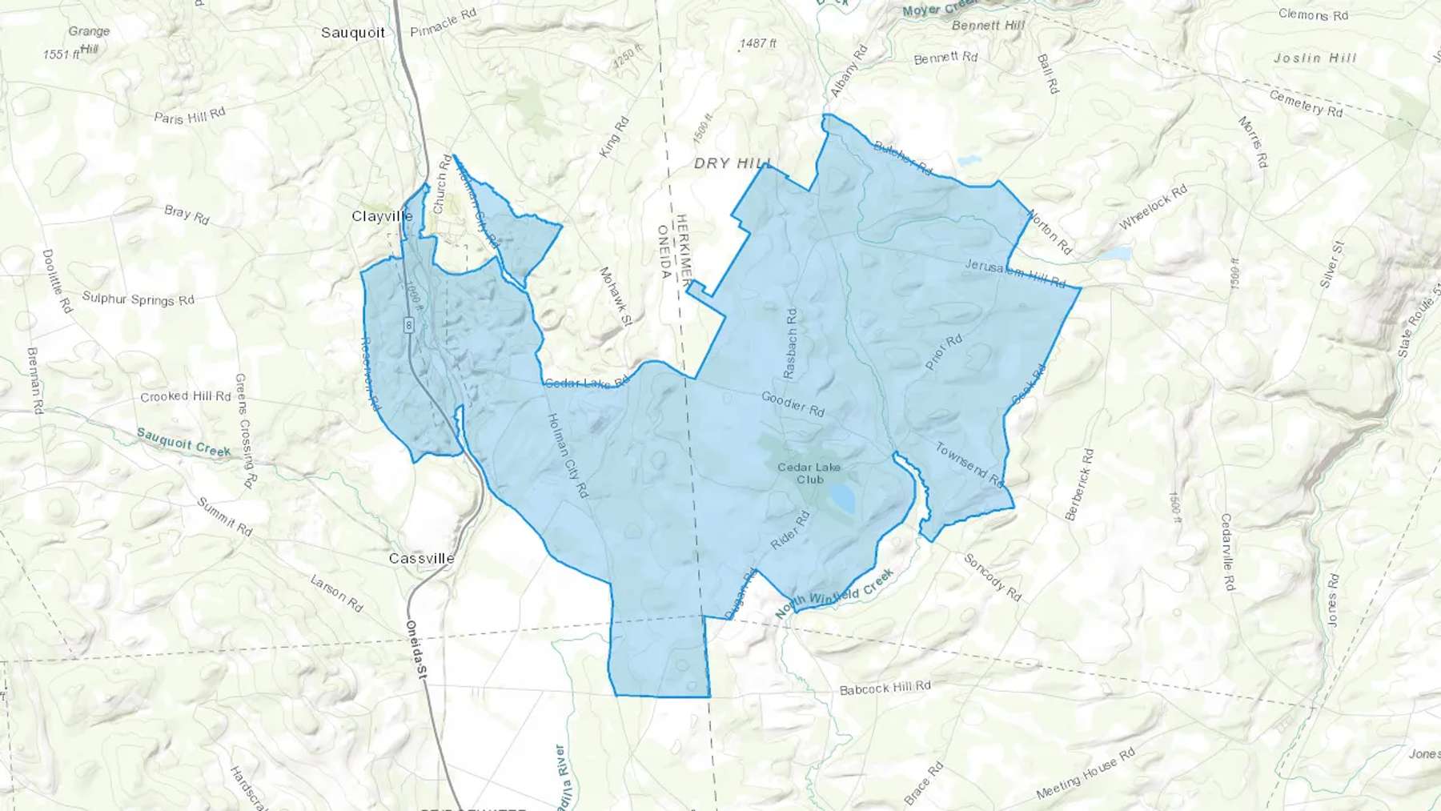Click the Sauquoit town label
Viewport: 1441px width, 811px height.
(x=353, y=33)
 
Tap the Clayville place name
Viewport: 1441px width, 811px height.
(x=382, y=216)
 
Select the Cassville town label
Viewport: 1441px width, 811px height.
(x=421, y=558)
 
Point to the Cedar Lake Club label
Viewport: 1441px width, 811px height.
(x=809, y=473)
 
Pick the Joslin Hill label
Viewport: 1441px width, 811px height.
(x=1315, y=58)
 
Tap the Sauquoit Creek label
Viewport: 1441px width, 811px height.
(x=183, y=442)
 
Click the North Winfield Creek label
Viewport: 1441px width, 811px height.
(x=834, y=593)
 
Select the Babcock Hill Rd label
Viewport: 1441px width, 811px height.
(x=885, y=688)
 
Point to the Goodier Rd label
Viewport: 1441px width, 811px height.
(x=793, y=403)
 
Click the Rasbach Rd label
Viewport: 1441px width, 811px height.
(x=790, y=343)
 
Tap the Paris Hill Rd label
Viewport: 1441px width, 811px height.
(x=190, y=116)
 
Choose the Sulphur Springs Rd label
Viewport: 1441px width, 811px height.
(x=138, y=299)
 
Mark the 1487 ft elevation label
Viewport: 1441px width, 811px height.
(x=757, y=43)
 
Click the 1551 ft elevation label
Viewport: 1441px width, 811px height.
(x=61, y=54)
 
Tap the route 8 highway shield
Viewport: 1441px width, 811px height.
(x=409, y=325)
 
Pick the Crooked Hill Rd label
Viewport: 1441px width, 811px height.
(x=186, y=396)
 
